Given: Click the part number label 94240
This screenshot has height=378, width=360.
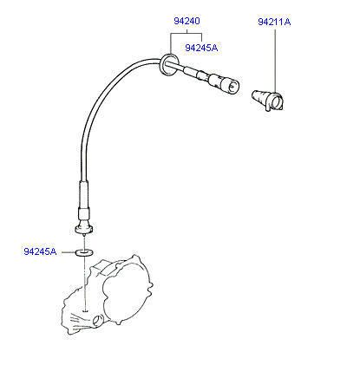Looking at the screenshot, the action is (x=187, y=21).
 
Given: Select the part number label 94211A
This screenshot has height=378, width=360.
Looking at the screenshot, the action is (x=274, y=22).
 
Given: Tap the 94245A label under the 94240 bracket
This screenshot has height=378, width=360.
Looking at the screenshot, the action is (x=201, y=48).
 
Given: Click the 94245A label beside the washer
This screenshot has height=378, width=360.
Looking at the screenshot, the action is (x=40, y=251).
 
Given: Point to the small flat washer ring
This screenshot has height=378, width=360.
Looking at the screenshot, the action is (x=84, y=253).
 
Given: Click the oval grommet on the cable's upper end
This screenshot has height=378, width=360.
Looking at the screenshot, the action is (x=167, y=64).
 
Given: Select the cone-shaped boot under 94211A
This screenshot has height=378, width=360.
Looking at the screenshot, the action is (x=267, y=100).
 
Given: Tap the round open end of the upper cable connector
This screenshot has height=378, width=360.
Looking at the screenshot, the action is (x=232, y=85).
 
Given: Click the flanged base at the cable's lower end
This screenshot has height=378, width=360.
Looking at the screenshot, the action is (x=84, y=229).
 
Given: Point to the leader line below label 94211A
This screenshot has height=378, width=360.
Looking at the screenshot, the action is (x=275, y=60).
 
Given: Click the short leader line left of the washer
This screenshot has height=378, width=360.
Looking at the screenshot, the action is (x=69, y=252).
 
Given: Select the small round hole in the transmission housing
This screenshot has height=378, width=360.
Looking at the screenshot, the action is (x=98, y=320).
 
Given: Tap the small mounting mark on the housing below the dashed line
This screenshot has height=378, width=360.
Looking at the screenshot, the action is (x=85, y=311).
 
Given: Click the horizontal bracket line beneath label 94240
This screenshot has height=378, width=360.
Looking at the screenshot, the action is (x=187, y=34).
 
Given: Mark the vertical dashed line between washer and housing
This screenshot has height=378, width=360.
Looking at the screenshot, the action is (x=85, y=283).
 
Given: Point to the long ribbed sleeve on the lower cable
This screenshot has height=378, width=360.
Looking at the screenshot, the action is (x=83, y=194).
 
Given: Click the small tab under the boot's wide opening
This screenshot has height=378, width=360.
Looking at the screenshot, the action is (x=269, y=108).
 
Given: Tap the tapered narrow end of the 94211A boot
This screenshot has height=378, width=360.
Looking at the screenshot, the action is (x=255, y=96).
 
